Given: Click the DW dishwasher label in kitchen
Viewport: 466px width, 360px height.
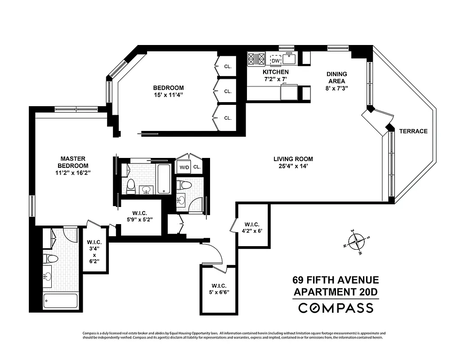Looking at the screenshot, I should point(275,60).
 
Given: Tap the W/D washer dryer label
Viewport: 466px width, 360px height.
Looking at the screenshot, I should point(184,167).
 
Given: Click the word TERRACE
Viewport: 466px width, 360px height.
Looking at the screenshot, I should point(413,131).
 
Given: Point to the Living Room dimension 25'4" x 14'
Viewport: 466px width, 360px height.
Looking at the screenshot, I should point(293,166).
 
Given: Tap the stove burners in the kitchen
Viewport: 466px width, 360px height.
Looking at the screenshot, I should point(256,59).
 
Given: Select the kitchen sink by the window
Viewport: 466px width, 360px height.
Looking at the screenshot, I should point(289,58).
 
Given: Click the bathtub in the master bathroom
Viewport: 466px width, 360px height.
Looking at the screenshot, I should point(60,301).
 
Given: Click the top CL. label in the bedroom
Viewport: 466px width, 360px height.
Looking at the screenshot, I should point(228,67).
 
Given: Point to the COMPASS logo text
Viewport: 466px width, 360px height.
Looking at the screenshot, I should point(336,308).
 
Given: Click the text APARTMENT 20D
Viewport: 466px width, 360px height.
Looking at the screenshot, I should point(336,292).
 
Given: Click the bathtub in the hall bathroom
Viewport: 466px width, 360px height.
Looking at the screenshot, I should point(165,179).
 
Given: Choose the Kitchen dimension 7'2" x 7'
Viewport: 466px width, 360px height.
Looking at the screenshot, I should point(275,79).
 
